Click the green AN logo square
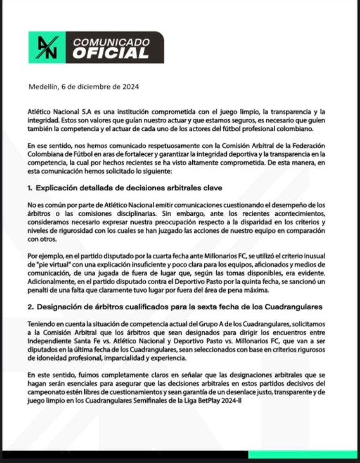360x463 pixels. [46, 47]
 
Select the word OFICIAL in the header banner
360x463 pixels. [111, 53]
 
